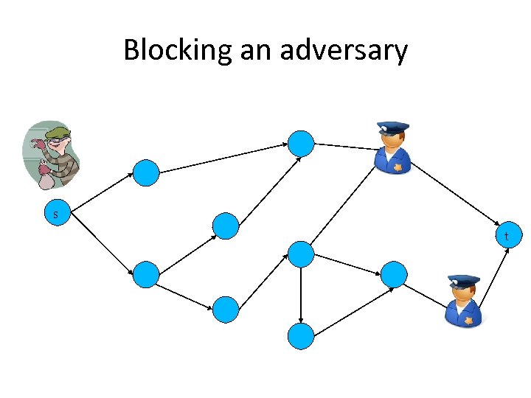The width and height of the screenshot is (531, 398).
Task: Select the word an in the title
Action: point(257,50)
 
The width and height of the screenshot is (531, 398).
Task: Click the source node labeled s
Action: point(55,214)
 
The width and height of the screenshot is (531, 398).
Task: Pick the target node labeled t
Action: point(506,237)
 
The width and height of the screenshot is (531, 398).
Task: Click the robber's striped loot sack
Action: point(46,178)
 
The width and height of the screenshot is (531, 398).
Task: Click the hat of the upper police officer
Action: point(392,130)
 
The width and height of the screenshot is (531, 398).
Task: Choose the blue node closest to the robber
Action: point(146,172)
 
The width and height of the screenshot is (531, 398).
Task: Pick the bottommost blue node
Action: point(301,335)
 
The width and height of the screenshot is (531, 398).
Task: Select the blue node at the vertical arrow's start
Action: point(301,254)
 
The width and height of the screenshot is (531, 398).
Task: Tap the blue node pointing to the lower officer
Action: point(394,274)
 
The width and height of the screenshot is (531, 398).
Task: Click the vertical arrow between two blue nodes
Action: point(301,295)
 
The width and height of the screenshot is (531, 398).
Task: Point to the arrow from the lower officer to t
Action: point(495,276)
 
